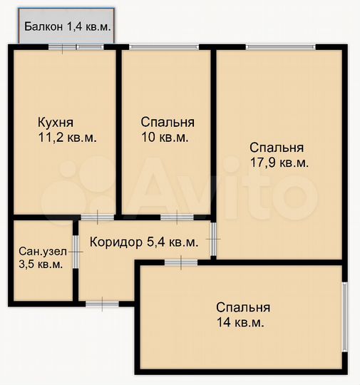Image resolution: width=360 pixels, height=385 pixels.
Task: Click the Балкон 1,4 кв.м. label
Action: (x=67, y=27)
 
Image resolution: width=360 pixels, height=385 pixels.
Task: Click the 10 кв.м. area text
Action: (x=164, y=138)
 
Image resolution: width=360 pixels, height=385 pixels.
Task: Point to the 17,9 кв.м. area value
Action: (x=279, y=163)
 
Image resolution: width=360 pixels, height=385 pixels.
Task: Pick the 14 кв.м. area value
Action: (x=240, y=323)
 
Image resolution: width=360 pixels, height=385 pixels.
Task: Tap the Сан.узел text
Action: (x=41, y=250)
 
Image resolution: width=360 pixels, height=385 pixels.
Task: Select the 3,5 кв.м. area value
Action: (x=41, y=264)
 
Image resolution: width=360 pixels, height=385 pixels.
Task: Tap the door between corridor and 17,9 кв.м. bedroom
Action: (x=213, y=239)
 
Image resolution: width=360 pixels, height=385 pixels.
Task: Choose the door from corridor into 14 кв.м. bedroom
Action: (x=181, y=263)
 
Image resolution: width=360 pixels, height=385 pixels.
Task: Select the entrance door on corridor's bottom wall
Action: (x=102, y=304)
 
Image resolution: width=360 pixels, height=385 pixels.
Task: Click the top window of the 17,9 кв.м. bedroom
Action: (x=280, y=47)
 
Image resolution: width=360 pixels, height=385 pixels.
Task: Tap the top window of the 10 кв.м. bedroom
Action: (x=165, y=47)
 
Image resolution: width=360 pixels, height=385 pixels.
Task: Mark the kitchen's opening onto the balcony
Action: (x=76, y=47)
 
